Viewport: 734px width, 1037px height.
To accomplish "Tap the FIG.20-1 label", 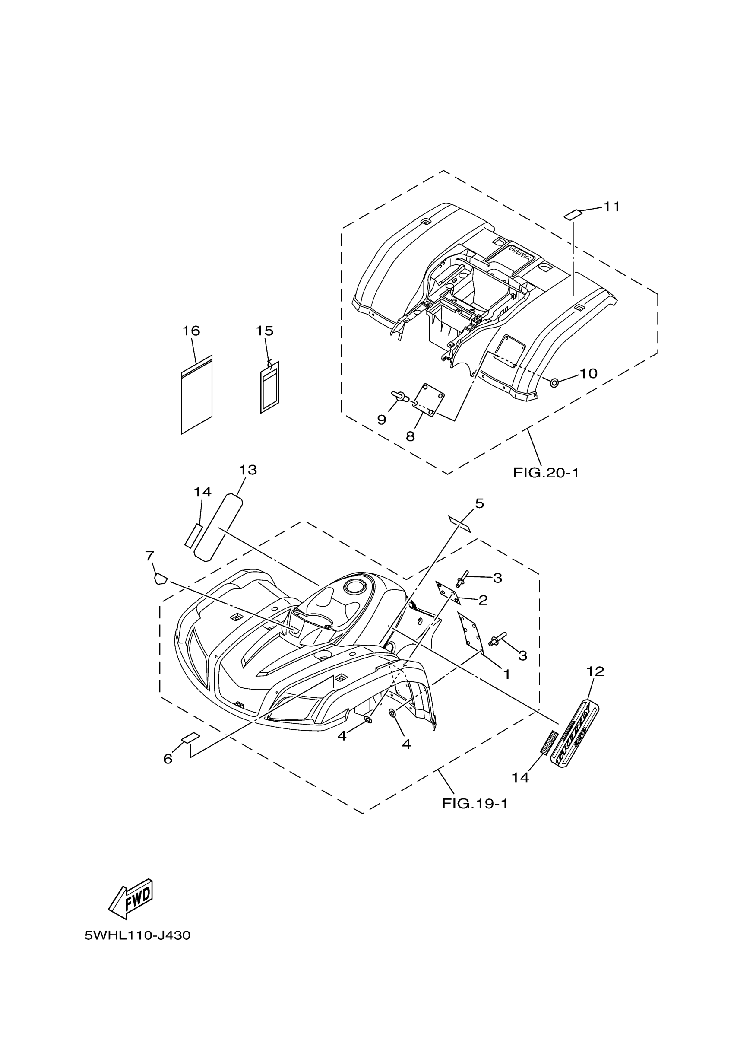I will click(545, 473).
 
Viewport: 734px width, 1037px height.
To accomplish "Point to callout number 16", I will click(191, 331).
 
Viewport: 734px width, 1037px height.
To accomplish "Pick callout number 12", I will click(595, 672).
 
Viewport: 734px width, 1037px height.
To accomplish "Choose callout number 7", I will click(149, 556).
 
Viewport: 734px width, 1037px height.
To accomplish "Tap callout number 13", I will click(248, 471).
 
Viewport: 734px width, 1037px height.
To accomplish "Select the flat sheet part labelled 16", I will click(196, 395).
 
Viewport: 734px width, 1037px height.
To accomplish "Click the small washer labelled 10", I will click(554, 383).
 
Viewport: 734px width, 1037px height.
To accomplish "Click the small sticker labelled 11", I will click(573, 214).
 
